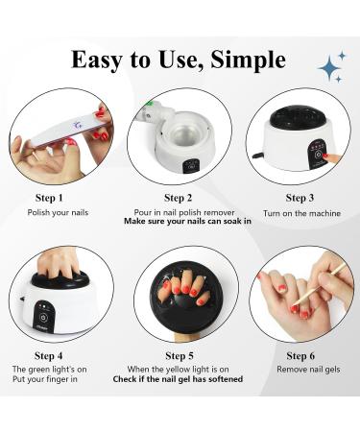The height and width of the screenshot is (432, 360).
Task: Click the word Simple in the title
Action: click(248, 60)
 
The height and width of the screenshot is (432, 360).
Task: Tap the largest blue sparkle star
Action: click(329, 67)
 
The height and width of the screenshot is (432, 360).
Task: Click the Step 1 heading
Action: click(49, 198)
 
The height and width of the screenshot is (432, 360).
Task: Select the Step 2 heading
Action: click(179, 198)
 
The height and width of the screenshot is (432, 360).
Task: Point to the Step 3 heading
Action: click(300, 198)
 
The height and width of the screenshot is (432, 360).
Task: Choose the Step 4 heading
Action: click(48, 355)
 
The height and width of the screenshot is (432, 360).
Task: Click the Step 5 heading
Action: click(180, 355)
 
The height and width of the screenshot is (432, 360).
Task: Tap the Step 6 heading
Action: click(300, 355)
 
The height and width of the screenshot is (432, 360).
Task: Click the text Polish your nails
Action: click(58, 212)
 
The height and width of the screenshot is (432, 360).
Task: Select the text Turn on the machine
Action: click(301, 213)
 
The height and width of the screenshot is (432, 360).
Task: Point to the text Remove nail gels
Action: click(308, 370)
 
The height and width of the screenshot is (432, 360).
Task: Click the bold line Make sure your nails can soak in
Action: click(187, 221)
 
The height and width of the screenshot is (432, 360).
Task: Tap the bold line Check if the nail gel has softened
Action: click(178, 379)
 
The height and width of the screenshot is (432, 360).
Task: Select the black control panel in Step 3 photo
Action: click(318, 155)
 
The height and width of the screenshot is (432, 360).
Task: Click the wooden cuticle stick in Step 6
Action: click(320, 284)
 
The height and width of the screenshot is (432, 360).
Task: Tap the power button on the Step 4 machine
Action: click(42, 317)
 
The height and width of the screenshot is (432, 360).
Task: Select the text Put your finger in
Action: click(45, 379)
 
